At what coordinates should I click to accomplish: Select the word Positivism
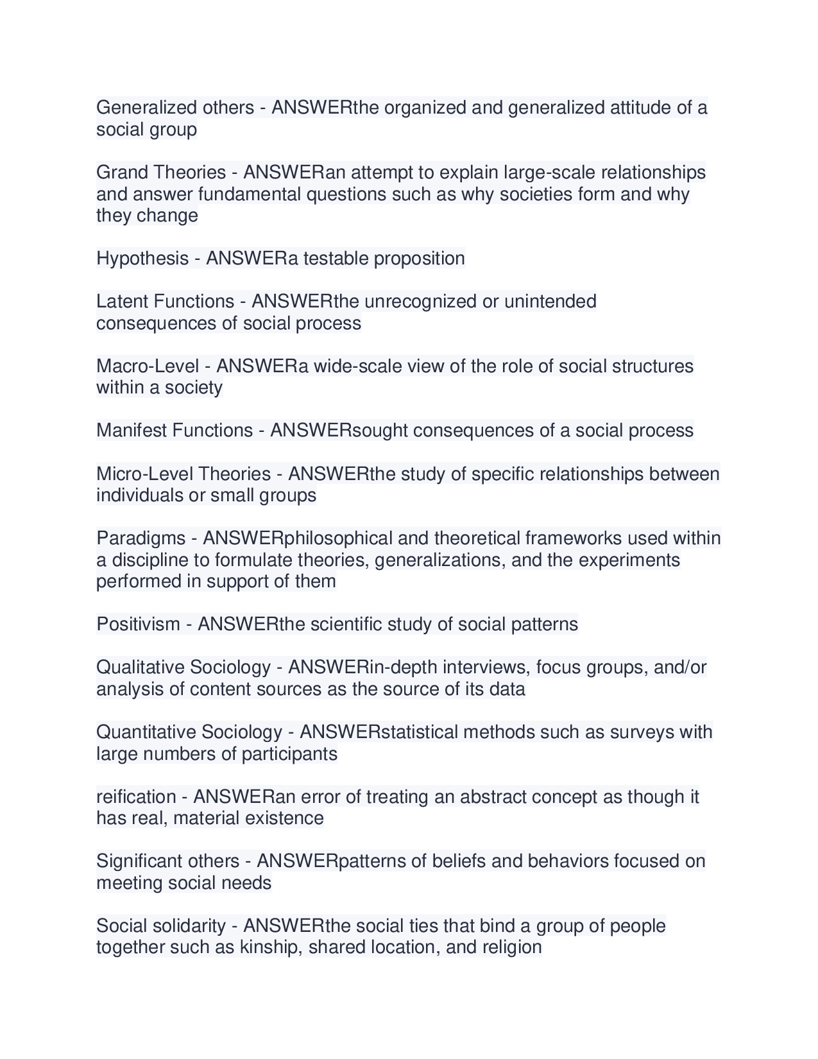pyautogui.click(x=138, y=624)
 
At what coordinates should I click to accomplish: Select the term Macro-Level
pyautogui.click(x=148, y=366)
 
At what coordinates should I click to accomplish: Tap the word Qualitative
pyautogui.click(x=140, y=667)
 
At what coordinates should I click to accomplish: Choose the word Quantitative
pyautogui.click(x=146, y=732)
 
